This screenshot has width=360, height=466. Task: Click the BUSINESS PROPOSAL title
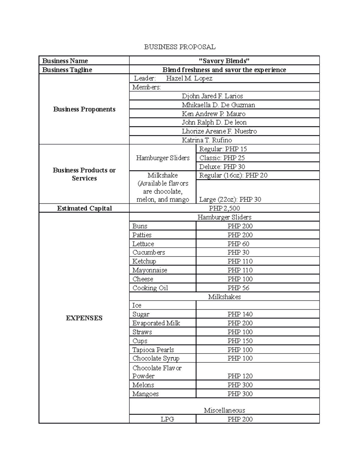(x=180, y=47)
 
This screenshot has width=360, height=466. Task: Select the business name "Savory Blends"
(x=224, y=61)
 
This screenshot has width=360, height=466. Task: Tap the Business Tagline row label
(x=67, y=70)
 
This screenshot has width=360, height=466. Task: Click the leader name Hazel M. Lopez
(x=189, y=78)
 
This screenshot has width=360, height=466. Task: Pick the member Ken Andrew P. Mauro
(x=213, y=114)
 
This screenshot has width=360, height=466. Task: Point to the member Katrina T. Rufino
(x=207, y=140)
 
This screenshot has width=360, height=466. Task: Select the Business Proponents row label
(x=84, y=109)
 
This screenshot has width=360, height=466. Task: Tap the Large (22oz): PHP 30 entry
(x=230, y=200)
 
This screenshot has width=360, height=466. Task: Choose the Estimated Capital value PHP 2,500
(x=224, y=208)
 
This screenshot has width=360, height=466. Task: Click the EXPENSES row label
(x=84, y=318)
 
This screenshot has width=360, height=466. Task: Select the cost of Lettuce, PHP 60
(x=238, y=244)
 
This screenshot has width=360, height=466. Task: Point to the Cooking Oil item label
(x=150, y=288)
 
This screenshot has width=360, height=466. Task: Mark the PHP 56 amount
(x=238, y=288)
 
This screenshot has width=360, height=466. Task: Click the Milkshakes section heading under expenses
(x=224, y=297)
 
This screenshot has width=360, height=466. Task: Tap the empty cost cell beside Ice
(x=257, y=305)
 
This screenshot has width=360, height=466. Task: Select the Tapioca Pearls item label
(x=153, y=350)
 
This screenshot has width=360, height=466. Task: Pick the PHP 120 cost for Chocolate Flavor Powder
(x=240, y=376)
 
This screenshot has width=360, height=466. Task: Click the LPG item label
(x=167, y=419)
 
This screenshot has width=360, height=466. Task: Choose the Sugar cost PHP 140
(x=240, y=314)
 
